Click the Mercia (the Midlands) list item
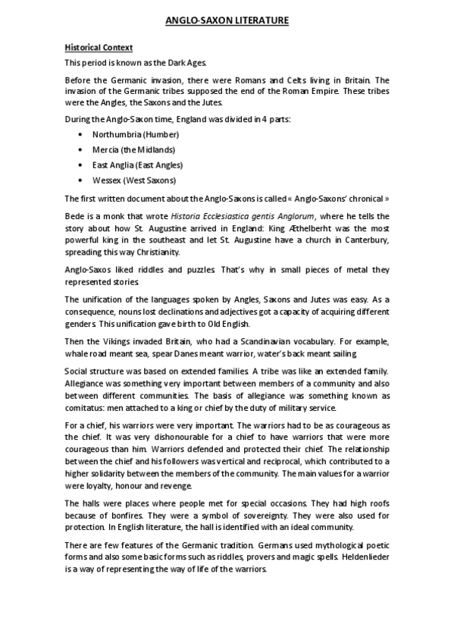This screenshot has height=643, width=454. (133, 149)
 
